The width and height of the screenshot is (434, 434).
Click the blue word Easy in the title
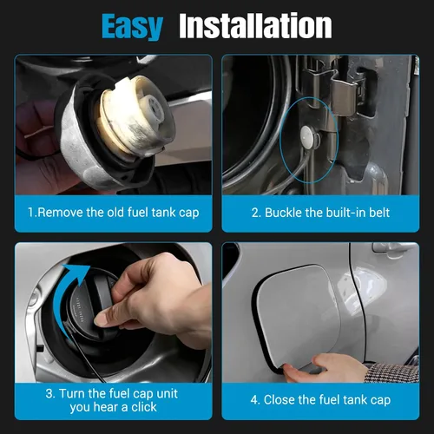point(132,27)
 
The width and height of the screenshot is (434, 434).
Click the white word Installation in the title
point(255,25)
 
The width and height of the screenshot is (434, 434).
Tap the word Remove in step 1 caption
point(60,213)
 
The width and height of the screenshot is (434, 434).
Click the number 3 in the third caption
point(49,394)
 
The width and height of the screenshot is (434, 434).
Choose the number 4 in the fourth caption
point(254,400)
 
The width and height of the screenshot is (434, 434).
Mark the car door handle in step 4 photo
point(393,249)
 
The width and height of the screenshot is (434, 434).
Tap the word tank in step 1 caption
point(163,213)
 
